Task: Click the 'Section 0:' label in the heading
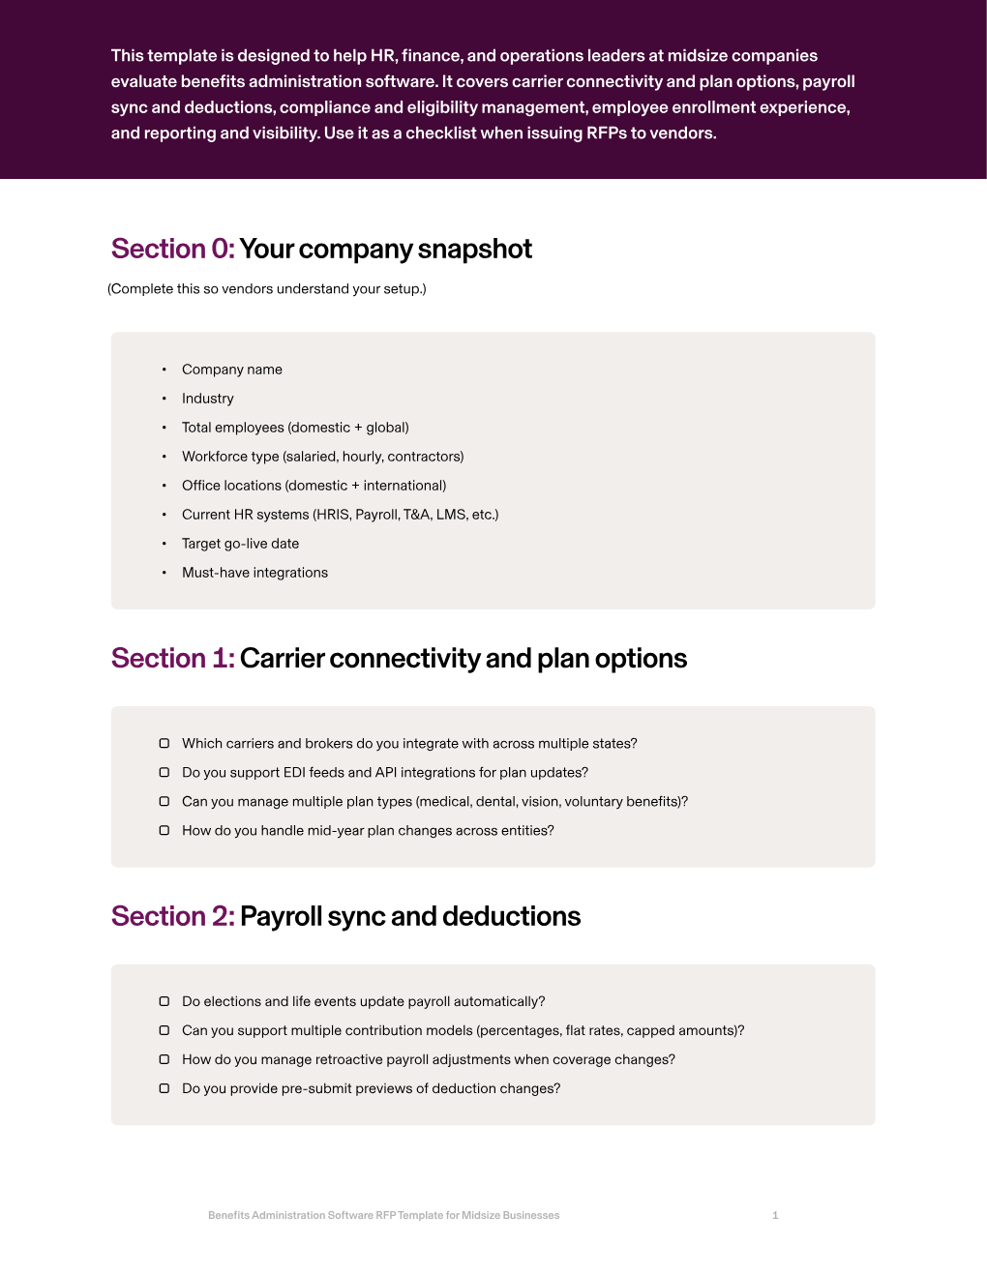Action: tap(172, 249)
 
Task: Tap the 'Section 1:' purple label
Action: tap(172, 658)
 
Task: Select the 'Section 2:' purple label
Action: tap(172, 916)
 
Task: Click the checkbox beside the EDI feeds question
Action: tap(164, 772)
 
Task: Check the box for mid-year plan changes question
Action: tap(164, 830)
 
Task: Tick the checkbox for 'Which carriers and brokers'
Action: tap(164, 743)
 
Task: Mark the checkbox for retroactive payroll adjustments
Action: tap(164, 1059)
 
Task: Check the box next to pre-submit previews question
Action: tap(164, 1088)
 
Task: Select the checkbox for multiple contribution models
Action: tap(164, 1030)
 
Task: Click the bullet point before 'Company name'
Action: tap(164, 370)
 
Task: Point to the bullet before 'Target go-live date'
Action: tap(164, 544)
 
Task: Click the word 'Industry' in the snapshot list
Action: tap(207, 399)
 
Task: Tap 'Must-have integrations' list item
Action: tap(254, 573)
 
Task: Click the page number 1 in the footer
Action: tap(775, 1215)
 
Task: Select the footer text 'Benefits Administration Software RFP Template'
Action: tap(383, 1215)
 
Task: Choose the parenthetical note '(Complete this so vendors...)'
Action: tap(267, 288)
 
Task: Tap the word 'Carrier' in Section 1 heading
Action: tap(282, 658)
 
